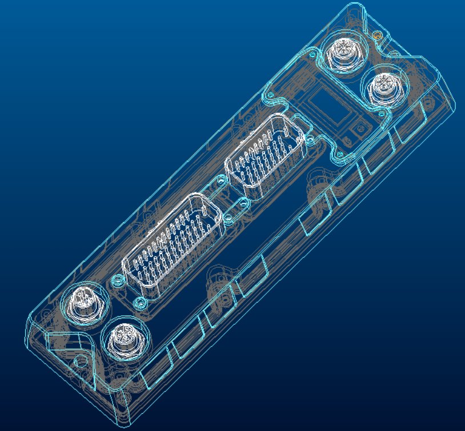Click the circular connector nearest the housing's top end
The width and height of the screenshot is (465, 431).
click(x=344, y=53)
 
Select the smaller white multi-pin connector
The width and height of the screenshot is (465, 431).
click(x=266, y=152)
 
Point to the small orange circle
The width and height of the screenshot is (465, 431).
click(x=376, y=35)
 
